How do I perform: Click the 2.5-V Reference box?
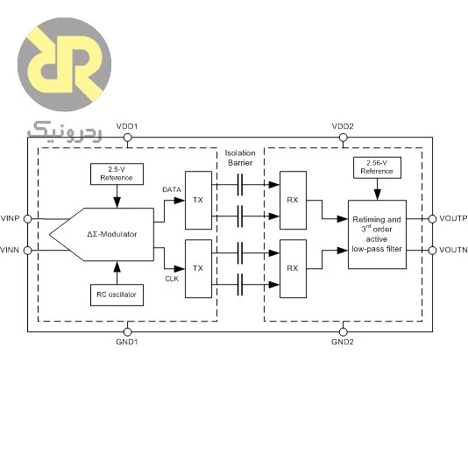tap(117, 174)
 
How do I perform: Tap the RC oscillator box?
tap(117, 294)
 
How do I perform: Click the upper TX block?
tap(198, 201)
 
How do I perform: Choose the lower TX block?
tap(198, 269)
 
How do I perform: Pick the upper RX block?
tap(293, 201)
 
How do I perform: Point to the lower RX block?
tap(293, 269)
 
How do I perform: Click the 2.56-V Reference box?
tap(377, 167)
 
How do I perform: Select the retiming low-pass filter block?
tap(377, 234)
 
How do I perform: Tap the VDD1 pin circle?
tap(127, 138)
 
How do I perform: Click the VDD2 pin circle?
tap(344, 138)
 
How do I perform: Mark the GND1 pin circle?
tap(127, 332)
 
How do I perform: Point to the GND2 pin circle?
tap(344, 332)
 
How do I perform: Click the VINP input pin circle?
tap(27, 219)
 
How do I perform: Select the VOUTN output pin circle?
tap(432, 251)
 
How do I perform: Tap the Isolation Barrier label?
tap(240, 158)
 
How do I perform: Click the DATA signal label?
tap(172, 189)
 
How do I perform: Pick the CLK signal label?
tap(172, 279)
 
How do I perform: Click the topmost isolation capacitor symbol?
tap(240, 185)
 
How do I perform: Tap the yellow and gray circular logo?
tap(65, 64)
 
